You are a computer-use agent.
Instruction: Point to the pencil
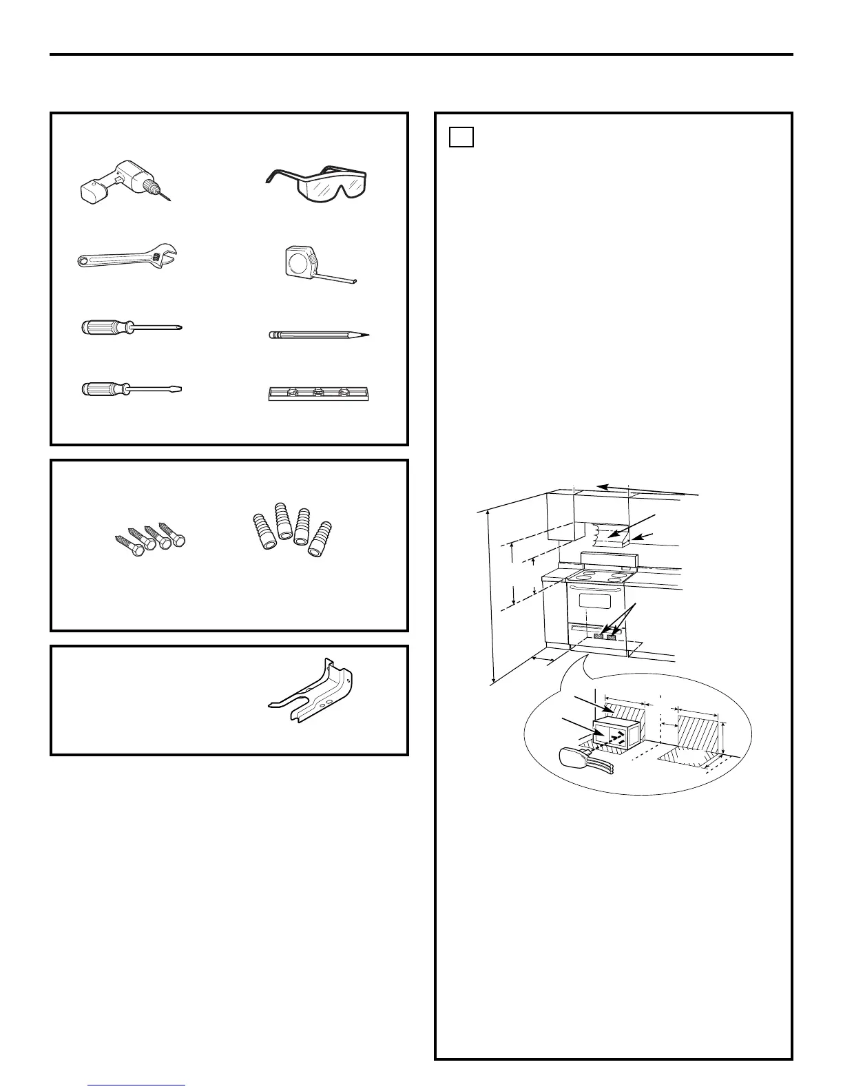[x=318, y=335]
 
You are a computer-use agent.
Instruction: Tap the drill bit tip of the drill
[x=166, y=197]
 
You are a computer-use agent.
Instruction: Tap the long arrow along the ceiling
[x=647, y=489]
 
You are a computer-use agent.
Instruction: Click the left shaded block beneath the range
[x=599, y=636]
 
